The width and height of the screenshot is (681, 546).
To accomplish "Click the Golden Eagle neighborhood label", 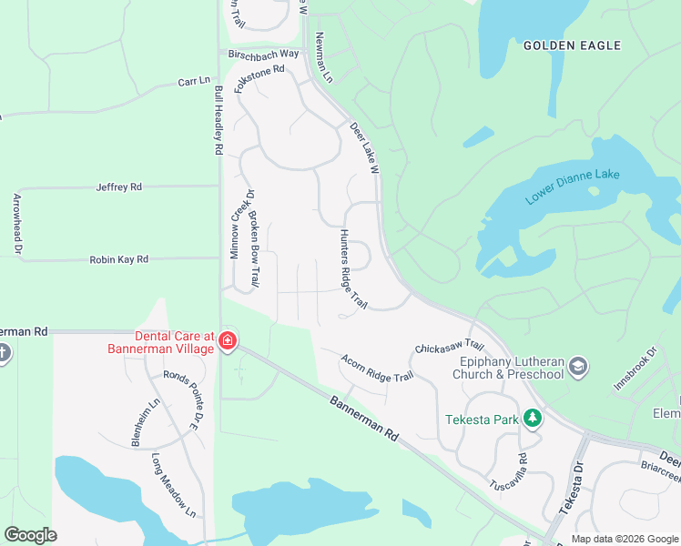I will coord(572,45).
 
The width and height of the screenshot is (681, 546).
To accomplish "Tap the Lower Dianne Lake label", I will coord(572,187).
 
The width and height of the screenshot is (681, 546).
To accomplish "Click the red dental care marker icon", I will coord(228,342).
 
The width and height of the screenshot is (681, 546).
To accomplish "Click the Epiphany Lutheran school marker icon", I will coord(576,367).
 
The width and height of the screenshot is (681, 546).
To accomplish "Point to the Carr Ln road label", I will coord(194,82).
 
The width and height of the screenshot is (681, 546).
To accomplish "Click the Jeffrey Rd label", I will coord(119,187).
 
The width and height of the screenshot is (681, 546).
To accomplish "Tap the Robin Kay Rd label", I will coord(118,259).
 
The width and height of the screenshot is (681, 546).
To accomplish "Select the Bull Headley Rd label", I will coord(219,121).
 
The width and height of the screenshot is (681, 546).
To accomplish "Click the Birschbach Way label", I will coord(264,54).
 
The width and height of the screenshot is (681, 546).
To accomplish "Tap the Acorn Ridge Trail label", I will coord(377,368).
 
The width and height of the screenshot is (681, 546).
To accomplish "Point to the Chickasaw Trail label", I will coord(448,347).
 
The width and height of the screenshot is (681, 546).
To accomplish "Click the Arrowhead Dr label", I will coord(16,223).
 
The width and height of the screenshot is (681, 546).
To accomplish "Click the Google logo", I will coord(30,535).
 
